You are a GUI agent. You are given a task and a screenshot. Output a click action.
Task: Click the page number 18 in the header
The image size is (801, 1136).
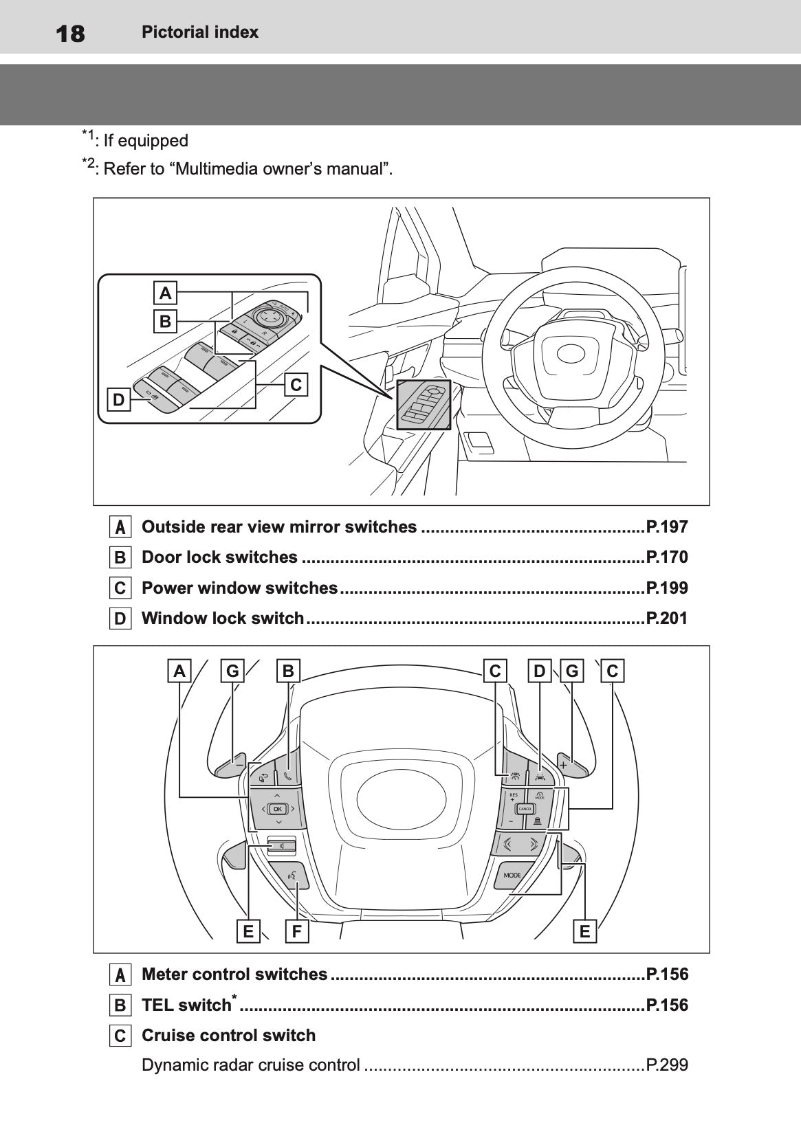coord(69,33)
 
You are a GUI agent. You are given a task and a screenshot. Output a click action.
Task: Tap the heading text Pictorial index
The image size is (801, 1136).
coord(199,32)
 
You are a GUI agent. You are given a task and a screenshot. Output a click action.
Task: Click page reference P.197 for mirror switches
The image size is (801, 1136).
coord(666,527)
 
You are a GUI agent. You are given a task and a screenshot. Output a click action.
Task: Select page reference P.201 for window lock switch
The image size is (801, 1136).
coord(666,619)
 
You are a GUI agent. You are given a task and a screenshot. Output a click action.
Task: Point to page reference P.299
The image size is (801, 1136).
coord(666,1065)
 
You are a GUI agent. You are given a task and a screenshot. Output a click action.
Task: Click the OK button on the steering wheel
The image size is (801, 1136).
coord(278,809)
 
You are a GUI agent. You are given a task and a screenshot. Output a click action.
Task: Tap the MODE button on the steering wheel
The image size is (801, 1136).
coord(512,876)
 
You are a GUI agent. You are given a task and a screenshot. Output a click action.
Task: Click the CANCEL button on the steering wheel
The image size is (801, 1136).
coord(525,809)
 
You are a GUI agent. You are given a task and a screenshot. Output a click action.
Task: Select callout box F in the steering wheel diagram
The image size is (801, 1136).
coord(297,932)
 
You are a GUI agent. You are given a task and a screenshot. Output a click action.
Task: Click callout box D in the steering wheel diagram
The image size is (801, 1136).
coord(540,671)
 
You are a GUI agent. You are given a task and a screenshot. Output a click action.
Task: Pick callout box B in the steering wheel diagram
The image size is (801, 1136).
coord(288,671)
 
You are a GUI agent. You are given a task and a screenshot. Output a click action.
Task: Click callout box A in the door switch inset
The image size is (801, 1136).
coord(165,293)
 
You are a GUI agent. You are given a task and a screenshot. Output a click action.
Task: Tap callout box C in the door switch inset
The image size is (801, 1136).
coord(296,385)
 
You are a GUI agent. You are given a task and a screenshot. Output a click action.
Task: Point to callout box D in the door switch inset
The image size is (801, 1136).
coord(119,400)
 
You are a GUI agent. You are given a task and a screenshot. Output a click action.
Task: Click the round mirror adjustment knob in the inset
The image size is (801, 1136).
coord(268,316)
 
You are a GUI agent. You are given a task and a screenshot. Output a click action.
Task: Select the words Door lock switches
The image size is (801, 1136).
coord(219,557)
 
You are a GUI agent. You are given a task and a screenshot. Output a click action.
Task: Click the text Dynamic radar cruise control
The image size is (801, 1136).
coord(250,1065)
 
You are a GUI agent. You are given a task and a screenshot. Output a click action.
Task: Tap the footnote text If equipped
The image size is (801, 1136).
coord(145,141)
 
